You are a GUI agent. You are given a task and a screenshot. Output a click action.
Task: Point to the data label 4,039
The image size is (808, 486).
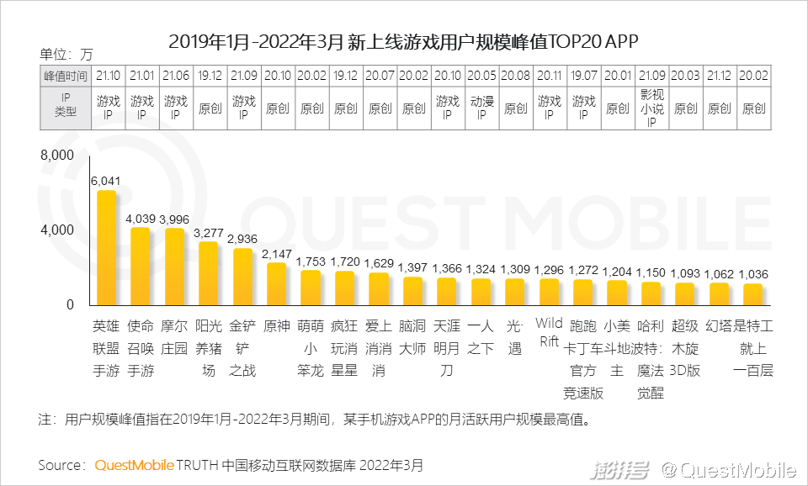[141, 218]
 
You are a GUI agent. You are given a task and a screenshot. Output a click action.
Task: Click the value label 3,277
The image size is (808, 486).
[209, 232]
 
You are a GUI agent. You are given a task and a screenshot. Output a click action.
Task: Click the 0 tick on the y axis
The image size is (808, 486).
[70, 304]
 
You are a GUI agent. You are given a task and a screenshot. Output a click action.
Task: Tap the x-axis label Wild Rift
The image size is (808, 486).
[549, 333]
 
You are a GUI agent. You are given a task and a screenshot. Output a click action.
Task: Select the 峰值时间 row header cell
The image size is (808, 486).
[65, 75]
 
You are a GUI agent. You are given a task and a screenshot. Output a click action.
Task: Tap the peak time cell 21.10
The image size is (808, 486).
[108, 75]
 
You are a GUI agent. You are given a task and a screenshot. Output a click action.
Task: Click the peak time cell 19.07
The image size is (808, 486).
[583, 75]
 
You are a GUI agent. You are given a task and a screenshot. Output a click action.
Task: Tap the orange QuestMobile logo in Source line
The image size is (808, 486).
[135, 465]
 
